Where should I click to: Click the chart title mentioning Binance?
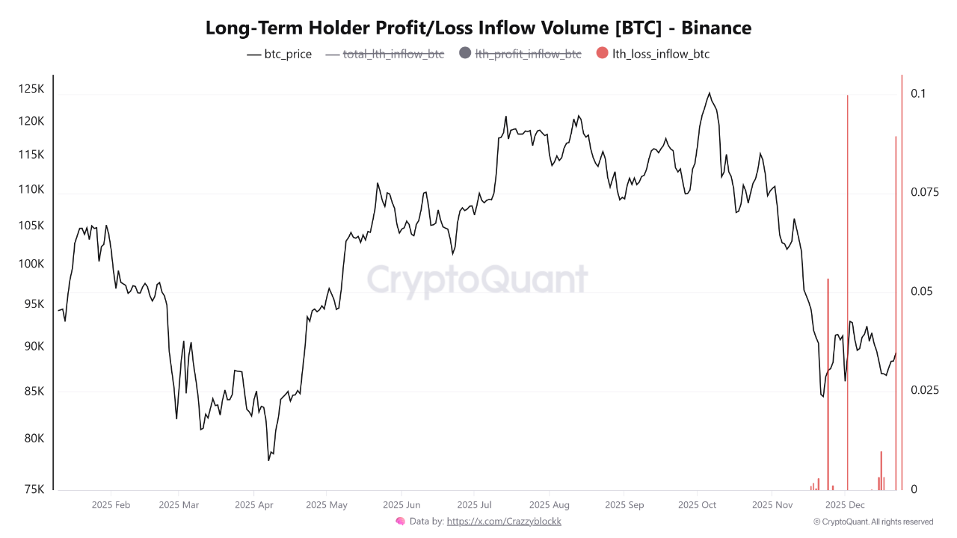point(478,28)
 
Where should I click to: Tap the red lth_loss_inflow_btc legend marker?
point(603,53)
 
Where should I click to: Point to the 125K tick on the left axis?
point(31,89)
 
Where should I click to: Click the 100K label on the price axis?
point(31,264)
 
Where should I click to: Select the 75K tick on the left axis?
point(34,489)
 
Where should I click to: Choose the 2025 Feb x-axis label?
point(111,505)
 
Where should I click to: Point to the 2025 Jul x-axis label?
point(475,505)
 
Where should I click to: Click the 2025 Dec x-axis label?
point(845,505)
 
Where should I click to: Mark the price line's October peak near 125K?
point(709,93)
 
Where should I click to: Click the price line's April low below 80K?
point(268,460)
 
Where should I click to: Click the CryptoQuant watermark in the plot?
point(477,280)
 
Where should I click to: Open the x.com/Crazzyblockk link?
point(504,522)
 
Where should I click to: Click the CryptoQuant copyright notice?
point(873,522)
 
